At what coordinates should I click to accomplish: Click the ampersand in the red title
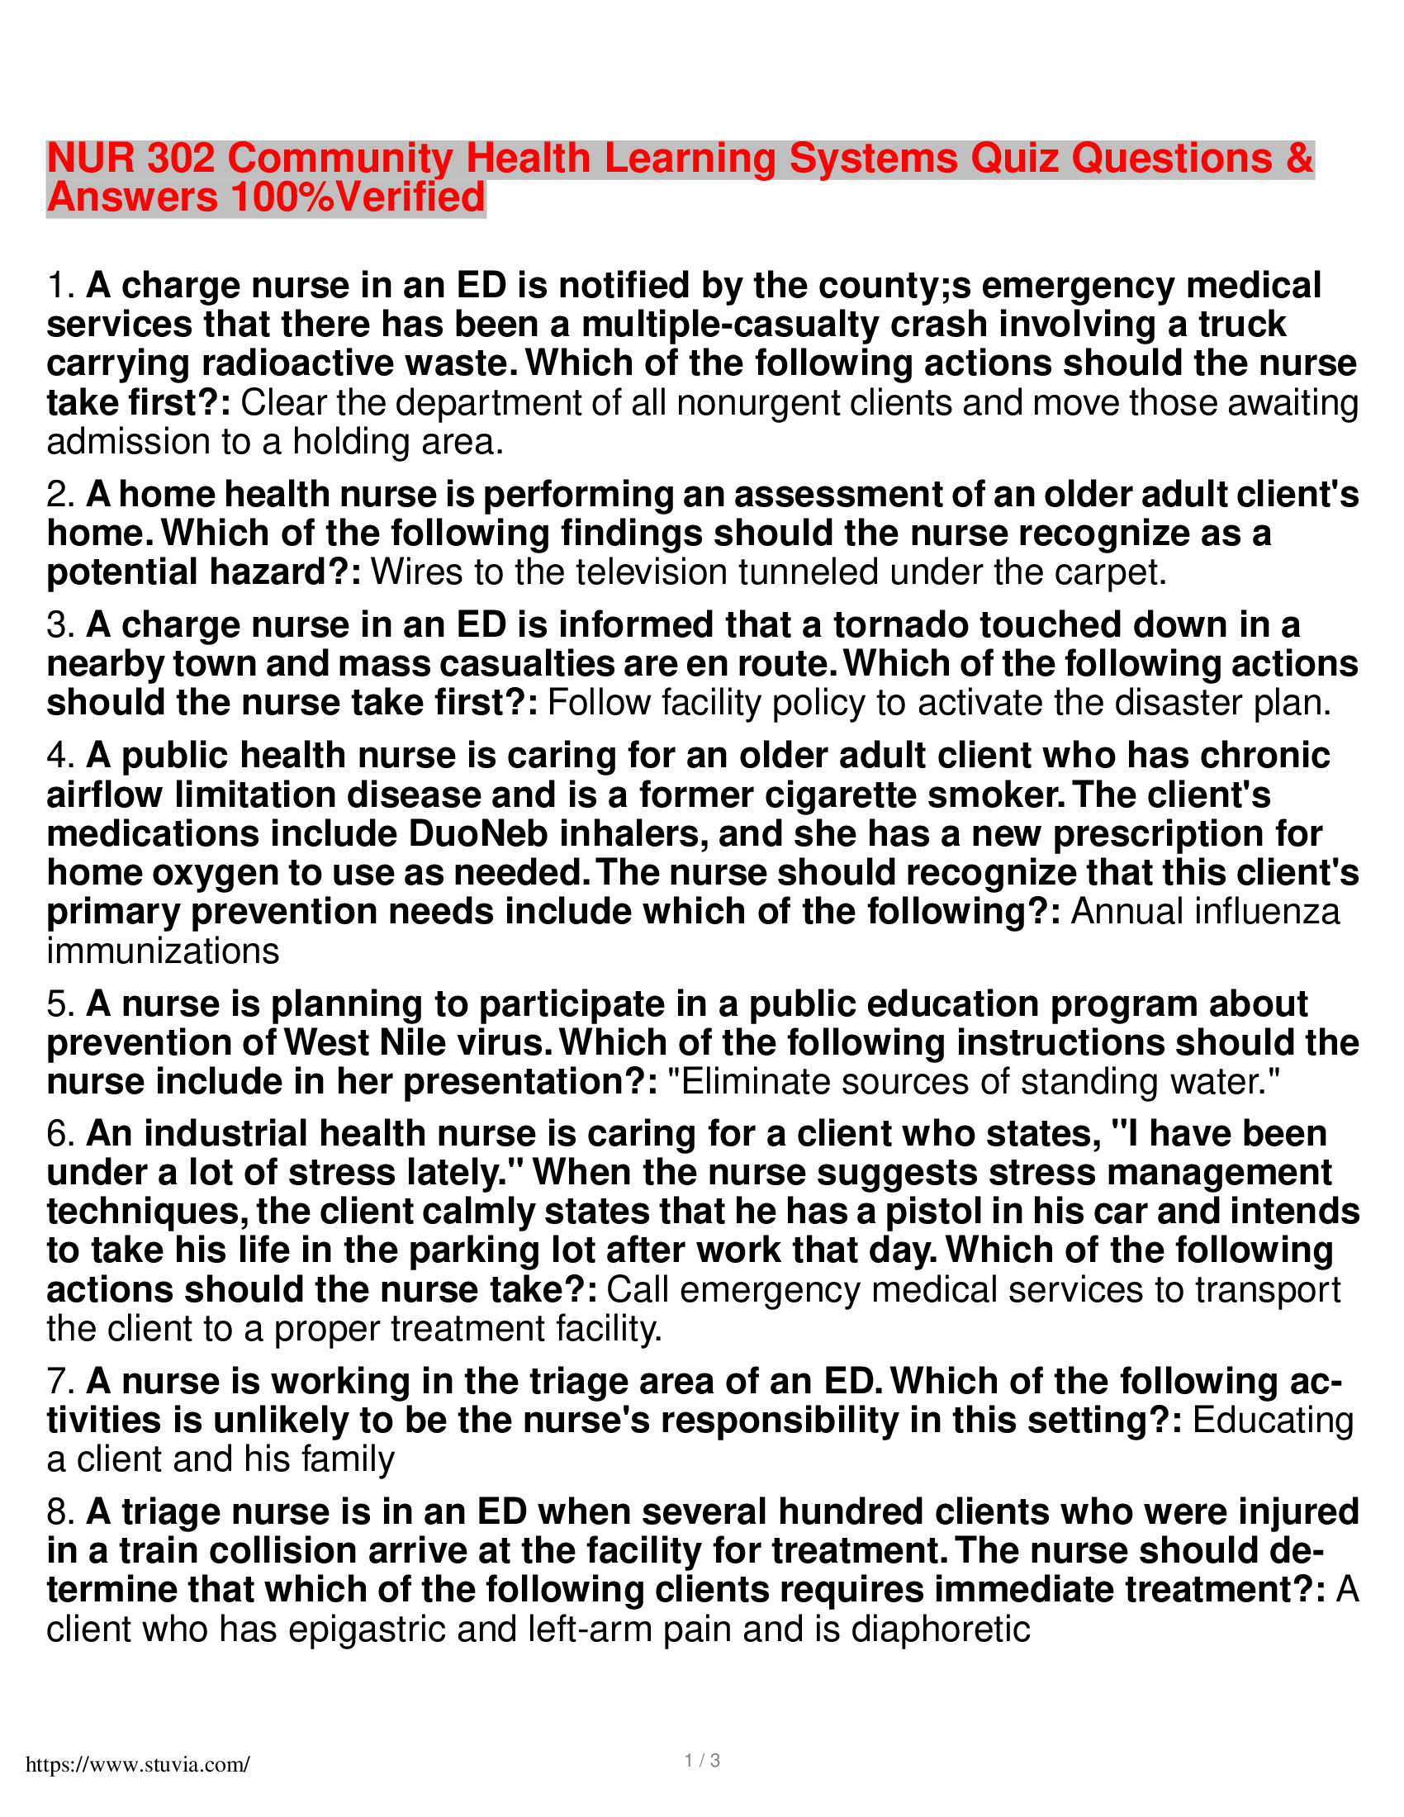(x=1299, y=158)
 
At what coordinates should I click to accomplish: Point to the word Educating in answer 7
(x=1274, y=1421)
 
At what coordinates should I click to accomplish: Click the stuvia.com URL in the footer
(x=137, y=1765)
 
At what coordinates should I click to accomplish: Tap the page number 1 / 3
(x=702, y=1761)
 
